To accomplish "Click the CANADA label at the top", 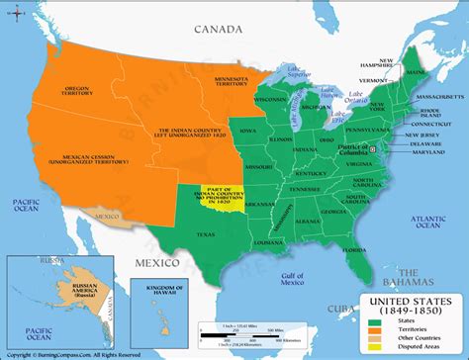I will coord(211,29).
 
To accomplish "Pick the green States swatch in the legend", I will coord(374,319).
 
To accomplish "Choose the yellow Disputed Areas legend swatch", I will coord(374,346).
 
